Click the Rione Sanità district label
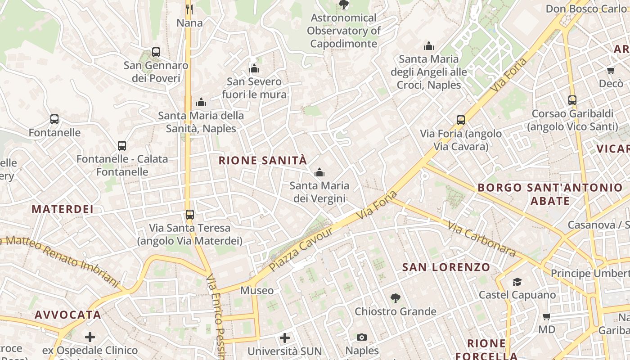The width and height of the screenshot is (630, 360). click(x=263, y=161)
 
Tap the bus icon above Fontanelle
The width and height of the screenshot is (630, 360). click(x=54, y=119)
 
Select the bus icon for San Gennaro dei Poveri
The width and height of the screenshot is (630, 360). click(x=156, y=52)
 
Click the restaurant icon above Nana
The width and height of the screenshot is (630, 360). click(x=189, y=9)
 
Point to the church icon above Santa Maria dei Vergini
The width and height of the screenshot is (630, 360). click(x=319, y=172)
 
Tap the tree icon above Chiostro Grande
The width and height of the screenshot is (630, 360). click(x=395, y=297)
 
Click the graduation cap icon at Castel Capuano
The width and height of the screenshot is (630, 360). click(x=517, y=282)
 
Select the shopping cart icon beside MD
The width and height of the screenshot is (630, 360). click(x=547, y=316)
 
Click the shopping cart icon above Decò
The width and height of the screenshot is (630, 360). click(x=611, y=70)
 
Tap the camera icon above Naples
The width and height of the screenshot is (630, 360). click(x=362, y=337)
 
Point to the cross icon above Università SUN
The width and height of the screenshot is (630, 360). click(x=284, y=337)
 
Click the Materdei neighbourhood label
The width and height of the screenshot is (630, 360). click(x=63, y=209)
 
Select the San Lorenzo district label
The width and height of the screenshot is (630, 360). click(x=446, y=267)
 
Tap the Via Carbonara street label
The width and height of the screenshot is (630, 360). click(x=482, y=239)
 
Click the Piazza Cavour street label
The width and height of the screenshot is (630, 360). click(x=301, y=249)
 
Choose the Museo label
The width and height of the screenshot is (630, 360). click(x=256, y=290)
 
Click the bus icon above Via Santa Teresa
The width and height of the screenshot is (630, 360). click(x=190, y=215)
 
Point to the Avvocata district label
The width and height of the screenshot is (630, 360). click(x=68, y=315)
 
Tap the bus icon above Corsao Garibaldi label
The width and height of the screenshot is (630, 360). click(x=572, y=100)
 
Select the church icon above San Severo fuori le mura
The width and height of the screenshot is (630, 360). click(x=254, y=68)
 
